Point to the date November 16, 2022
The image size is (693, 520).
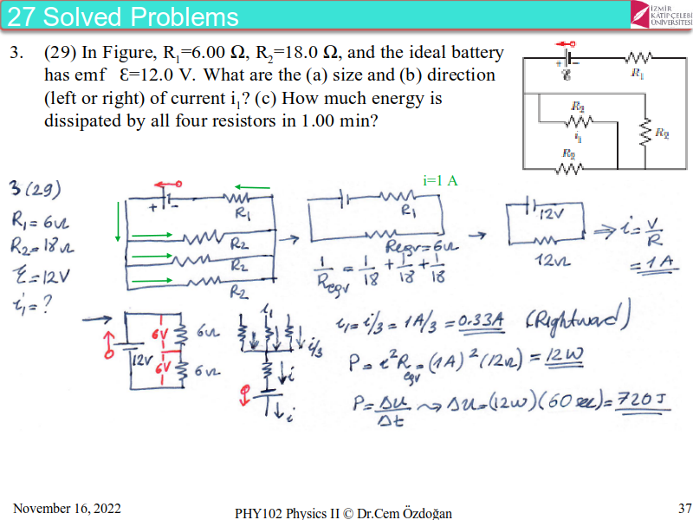coord(68,508)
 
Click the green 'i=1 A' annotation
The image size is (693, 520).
coord(440,180)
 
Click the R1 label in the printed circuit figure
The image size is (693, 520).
coord(638,75)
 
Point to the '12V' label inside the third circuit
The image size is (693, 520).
coord(551,211)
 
